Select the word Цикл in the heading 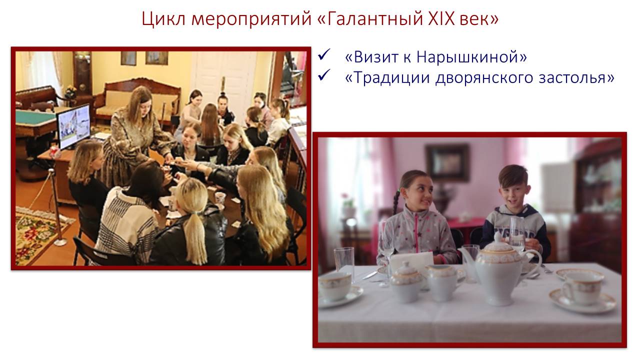pos(163,19)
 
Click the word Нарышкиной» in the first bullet pos(471,57)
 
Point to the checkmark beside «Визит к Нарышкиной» pos(324,54)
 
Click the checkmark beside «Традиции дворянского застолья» pos(324,75)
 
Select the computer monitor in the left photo pos(73,126)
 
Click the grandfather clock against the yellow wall pos(82,74)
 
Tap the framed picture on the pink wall pos(447,162)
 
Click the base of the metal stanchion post pos(60,243)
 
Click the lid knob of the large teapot pos(498,236)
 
